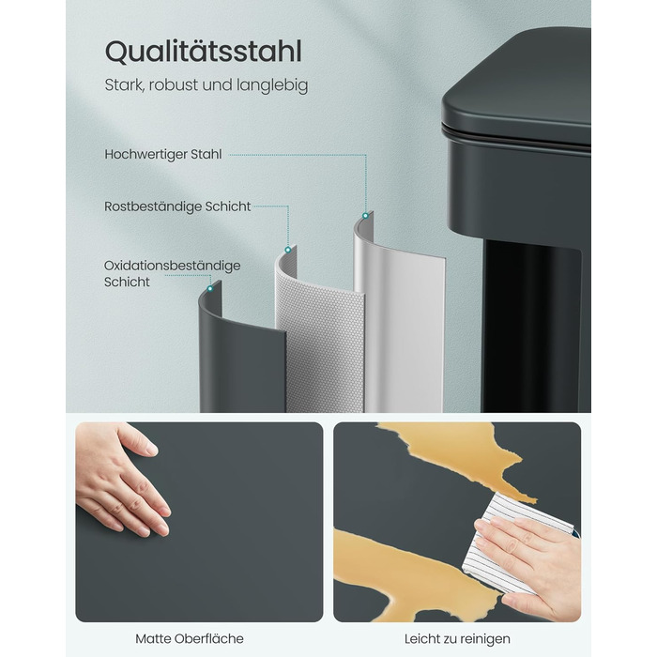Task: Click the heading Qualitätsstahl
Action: pyautogui.click(x=204, y=53)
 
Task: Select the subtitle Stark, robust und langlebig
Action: pyautogui.click(x=206, y=85)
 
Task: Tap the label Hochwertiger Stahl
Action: pyautogui.click(x=163, y=155)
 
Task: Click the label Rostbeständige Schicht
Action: pyautogui.click(x=177, y=206)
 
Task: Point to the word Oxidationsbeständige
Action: pyautogui.click(x=172, y=266)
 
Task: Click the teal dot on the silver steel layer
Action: pyautogui.click(x=365, y=216)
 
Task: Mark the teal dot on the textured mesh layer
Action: pyautogui.click(x=288, y=251)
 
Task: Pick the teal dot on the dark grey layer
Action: pyautogui.click(x=210, y=289)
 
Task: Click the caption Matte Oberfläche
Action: pyautogui.click(x=190, y=638)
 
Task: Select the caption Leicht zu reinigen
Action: pyautogui.click(x=457, y=639)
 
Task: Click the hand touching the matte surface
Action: pyautogui.click(x=121, y=478)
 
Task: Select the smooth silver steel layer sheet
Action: pyautogui.click(x=398, y=318)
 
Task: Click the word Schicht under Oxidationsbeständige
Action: pyautogui.click(x=127, y=282)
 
